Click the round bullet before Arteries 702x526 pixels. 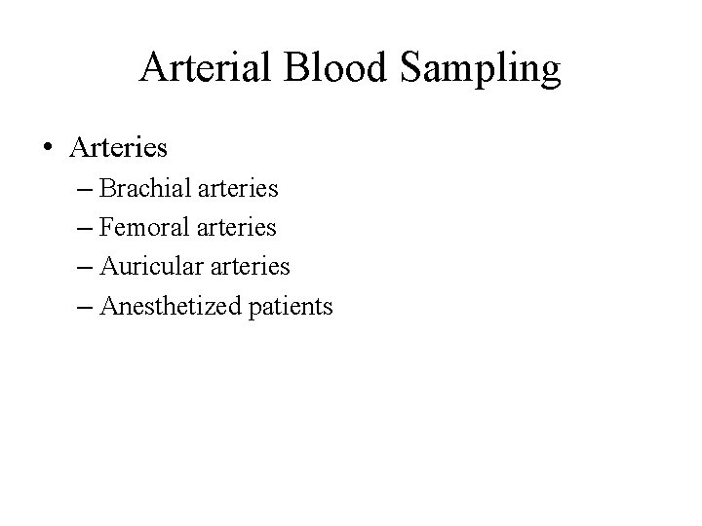point(48,149)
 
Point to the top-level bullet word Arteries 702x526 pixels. point(119,148)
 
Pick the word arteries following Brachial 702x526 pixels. point(237,188)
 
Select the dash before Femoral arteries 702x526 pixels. point(82,229)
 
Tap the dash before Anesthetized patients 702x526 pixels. point(82,308)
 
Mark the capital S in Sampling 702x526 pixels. point(410,68)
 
